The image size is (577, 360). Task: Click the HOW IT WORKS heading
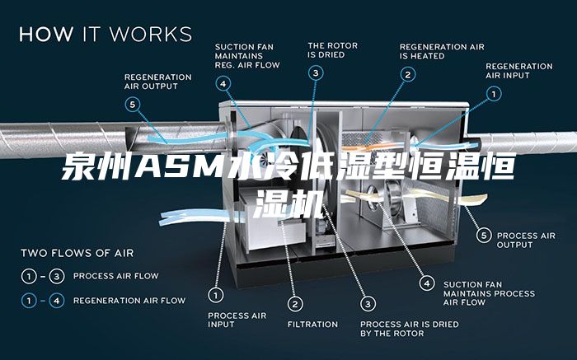click(x=106, y=35)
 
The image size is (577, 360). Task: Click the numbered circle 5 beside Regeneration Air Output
click(x=134, y=105)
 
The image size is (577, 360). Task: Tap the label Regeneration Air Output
click(x=157, y=81)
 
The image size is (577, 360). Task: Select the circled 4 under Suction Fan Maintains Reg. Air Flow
click(x=223, y=82)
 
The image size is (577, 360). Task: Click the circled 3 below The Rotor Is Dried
click(x=317, y=73)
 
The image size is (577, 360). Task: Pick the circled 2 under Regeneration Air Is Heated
click(x=407, y=74)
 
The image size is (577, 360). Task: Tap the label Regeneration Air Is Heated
click(x=442, y=50)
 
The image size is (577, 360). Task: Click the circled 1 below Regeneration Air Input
click(x=494, y=95)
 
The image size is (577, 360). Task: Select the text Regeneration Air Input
click(x=518, y=71)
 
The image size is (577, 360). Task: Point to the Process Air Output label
click(x=526, y=240)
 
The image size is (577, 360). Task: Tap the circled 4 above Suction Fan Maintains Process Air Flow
click(x=426, y=283)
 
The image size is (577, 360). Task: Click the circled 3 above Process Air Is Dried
click(x=368, y=303)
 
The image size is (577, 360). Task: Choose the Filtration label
click(x=312, y=324)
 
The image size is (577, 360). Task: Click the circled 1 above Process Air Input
click(x=216, y=294)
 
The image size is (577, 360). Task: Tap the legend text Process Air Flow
click(x=116, y=275)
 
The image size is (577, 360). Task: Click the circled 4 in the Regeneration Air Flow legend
click(x=56, y=301)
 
